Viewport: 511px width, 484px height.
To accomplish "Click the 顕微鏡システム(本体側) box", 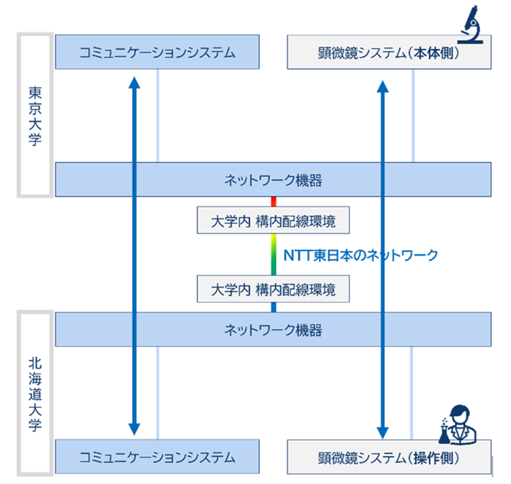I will (389, 53).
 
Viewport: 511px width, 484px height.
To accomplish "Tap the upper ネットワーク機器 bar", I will (273, 180).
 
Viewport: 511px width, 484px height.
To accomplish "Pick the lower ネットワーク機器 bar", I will (273, 329).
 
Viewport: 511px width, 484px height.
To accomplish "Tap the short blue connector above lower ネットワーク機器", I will (273, 307).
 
